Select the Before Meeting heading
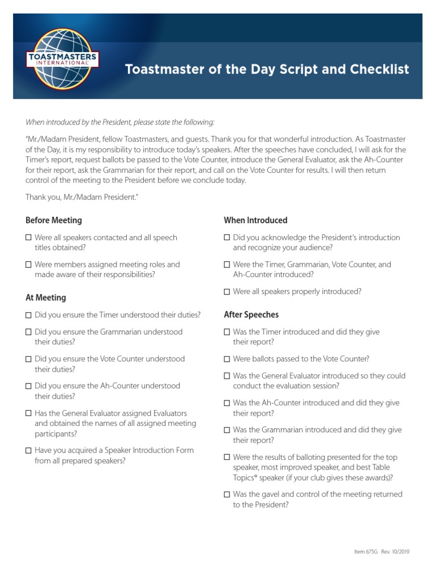(x=54, y=220)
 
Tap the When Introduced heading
(x=255, y=220)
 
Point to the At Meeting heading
(x=46, y=297)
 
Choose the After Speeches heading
(x=251, y=314)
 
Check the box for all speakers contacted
(x=29, y=238)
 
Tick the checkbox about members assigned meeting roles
(x=29, y=265)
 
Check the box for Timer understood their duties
(x=29, y=315)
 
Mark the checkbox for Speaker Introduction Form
(x=29, y=451)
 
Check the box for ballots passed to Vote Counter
(x=227, y=359)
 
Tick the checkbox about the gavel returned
(x=227, y=494)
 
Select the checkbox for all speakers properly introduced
(x=227, y=292)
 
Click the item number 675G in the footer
(x=358, y=551)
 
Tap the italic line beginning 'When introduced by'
(x=120, y=122)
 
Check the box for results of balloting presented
(x=227, y=457)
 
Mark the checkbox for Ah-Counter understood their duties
(x=29, y=386)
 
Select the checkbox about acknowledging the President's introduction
(x=227, y=238)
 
